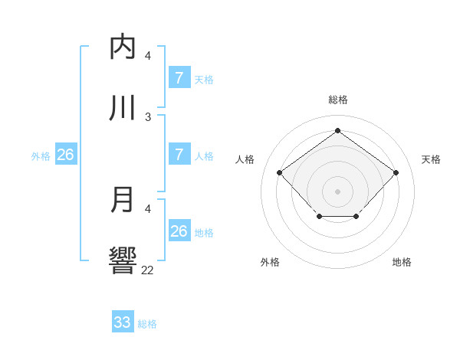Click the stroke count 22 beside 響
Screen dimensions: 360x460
pyautogui.click(x=147, y=270)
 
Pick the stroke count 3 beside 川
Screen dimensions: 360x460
pyautogui.click(x=148, y=116)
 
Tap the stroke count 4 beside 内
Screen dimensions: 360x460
pyautogui.click(x=148, y=55)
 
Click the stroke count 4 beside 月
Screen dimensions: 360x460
pyautogui.click(x=148, y=208)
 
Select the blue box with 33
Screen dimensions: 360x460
pyautogui.click(x=122, y=322)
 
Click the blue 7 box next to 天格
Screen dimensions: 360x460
pyautogui.click(x=179, y=78)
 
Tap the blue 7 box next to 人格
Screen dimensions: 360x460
pyautogui.click(x=179, y=155)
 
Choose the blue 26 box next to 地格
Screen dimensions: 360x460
pyautogui.click(x=179, y=231)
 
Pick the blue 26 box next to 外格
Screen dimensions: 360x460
pyautogui.click(x=65, y=155)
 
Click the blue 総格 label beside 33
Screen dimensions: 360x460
pyautogui.click(x=147, y=324)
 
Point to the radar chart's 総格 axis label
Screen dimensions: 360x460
pyautogui.click(x=337, y=100)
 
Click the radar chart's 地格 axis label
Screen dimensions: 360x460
pyautogui.click(x=402, y=262)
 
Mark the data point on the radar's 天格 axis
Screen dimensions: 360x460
pyautogui.click(x=396, y=172)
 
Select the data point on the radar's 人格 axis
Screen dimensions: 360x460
pyautogui.click(x=280, y=172)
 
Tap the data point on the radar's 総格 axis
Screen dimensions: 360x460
pyautogui.click(x=337, y=131)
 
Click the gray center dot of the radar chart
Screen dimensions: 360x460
pyautogui.click(x=337, y=191)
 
